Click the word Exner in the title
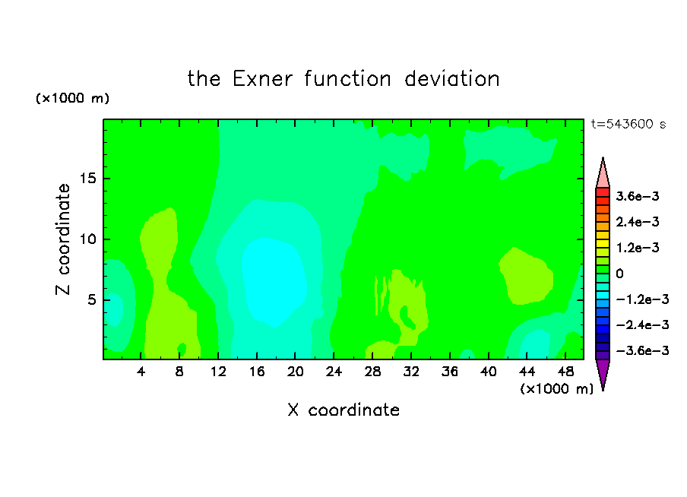(262, 79)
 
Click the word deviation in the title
(451, 79)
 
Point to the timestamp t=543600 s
(628, 124)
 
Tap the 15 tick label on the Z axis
(88, 179)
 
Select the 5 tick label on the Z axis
(91, 299)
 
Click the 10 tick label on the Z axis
(88, 239)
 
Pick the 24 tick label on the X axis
(334, 372)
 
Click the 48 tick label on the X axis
(565, 372)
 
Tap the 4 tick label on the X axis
(141, 372)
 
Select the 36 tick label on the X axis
(450, 372)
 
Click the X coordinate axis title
(343, 410)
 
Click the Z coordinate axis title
(62, 239)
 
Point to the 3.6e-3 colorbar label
(637, 196)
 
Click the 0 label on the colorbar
(619, 274)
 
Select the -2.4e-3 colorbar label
(642, 324)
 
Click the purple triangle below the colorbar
(603, 373)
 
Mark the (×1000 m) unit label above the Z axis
(72, 98)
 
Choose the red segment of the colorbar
(603, 192)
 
